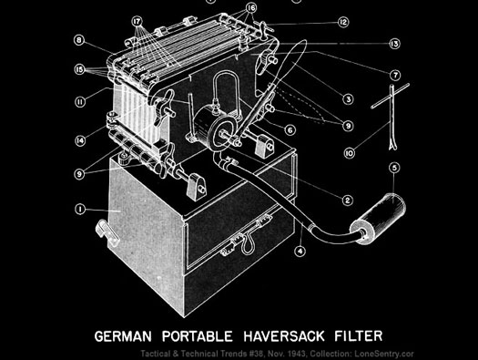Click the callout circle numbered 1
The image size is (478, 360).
[x=80, y=210]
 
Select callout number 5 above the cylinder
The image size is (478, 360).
[x=394, y=168]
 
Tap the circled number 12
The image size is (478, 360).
[x=343, y=22]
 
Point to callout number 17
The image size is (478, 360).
[x=137, y=21]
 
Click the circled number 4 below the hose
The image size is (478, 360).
[x=300, y=251]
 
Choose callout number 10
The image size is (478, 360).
[x=350, y=152]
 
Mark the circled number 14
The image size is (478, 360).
[x=80, y=140]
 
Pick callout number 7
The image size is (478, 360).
[x=395, y=75]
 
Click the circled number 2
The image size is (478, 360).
[x=347, y=201]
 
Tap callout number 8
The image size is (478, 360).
[x=79, y=40]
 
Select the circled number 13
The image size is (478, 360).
[x=394, y=44]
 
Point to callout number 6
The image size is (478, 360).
[x=290, y=130]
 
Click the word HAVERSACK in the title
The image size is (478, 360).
[x=284, y=336]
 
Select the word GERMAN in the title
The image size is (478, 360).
[x=123, y=336]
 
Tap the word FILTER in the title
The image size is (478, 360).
[x=359, y=335]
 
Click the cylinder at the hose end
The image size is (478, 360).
[x=378, y=219]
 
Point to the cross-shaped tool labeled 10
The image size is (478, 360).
[x=391, y=117]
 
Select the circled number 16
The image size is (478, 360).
[x=251, y=8]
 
